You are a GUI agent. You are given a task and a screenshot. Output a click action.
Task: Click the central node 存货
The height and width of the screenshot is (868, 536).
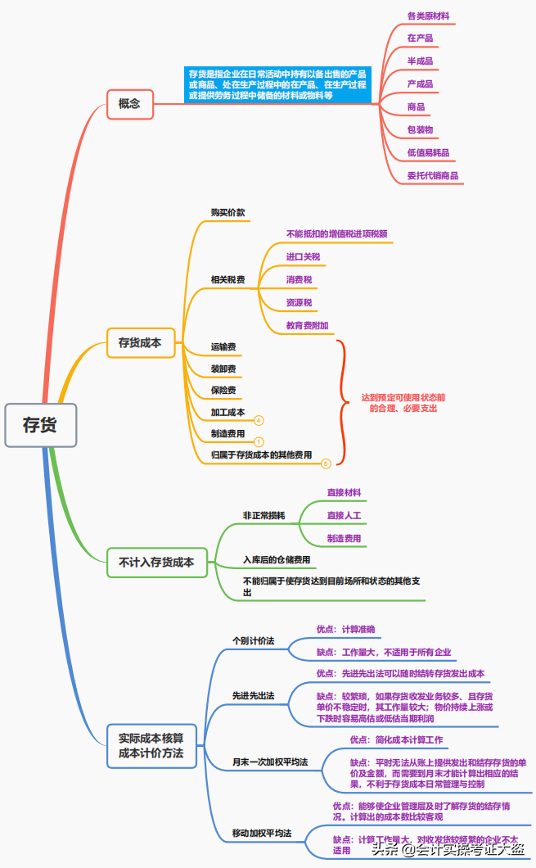click(40, 425)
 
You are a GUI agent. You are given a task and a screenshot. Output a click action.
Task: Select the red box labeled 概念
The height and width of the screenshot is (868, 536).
click(129, 104)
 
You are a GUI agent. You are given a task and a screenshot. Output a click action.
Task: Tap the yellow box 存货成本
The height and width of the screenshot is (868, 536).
click(141, 343)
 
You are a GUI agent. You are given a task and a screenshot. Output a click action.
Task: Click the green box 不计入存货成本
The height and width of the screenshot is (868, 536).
click(156, 563)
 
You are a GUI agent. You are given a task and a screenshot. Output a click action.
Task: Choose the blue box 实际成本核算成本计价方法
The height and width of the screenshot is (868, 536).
click(151, 745)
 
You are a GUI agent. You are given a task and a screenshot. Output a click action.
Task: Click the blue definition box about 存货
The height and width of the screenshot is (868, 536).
click(277, 84)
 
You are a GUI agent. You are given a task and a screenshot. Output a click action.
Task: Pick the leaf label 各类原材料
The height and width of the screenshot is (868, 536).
click(428, 16)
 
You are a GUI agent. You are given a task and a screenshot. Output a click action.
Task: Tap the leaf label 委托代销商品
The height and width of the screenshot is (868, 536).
click(433, 175)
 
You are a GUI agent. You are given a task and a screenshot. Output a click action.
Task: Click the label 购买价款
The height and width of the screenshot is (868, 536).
click(228, 212)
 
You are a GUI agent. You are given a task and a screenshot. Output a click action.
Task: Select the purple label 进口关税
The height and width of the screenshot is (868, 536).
click(303, 256)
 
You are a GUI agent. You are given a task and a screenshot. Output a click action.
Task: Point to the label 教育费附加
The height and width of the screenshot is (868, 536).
click(308, 325)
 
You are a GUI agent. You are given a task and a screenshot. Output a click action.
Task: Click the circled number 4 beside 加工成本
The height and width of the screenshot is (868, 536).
click(259, 420)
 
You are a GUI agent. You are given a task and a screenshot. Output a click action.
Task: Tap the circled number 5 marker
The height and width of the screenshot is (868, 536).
click(326, 463)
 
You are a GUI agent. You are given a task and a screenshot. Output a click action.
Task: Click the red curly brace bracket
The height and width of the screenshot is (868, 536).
click(341, 401)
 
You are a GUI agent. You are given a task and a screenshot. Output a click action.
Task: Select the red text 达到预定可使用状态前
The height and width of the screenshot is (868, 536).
click(403, 397)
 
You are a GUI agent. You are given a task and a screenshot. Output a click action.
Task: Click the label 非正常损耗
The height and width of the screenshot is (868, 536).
click(264, 515)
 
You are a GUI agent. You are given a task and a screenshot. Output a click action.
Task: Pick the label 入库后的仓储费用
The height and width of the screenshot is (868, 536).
click(277, 559)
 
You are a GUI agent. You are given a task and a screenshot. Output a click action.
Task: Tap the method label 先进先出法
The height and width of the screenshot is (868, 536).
click(253, 695)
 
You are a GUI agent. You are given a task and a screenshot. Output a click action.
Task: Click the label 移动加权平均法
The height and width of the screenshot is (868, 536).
click(262, 833)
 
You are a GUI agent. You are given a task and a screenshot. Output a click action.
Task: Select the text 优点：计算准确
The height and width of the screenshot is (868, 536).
click(345, 629)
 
